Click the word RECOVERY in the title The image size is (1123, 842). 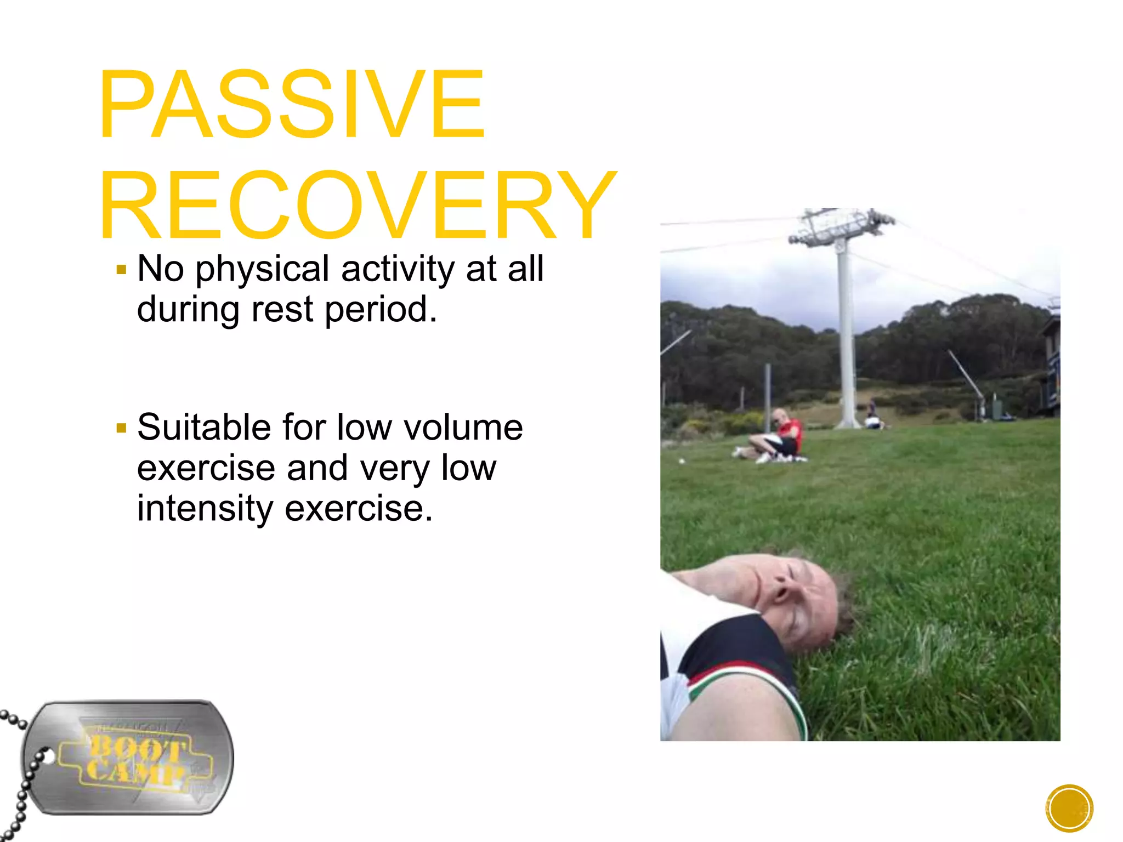point(358,206)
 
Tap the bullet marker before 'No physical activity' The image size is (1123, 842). point(122,270)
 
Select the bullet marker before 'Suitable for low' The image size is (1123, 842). point(122,428)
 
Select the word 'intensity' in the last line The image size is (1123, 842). point(204,509)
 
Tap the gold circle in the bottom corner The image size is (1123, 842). point(1069,808)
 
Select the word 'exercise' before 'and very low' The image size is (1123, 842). point(206,469)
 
